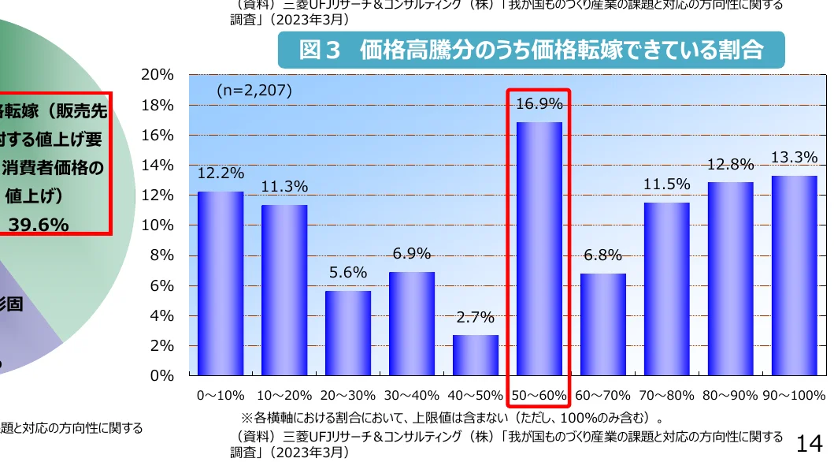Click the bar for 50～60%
click(x=539, y=248)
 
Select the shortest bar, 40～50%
click(x=476, y=356)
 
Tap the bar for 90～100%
click(x=794, y=275)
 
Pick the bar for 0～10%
click(x=221, y=283)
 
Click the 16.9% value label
click(x=539, y=104)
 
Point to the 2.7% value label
click(x=476, y=318)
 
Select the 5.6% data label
click(x=348, y=273)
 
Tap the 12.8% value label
click(x=730, y=165)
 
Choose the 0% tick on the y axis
click(x=161, y=376)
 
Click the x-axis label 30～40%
click(x=412, y=395)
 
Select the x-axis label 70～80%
click(x=666, y=395)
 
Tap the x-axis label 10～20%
click(x=284, y=395)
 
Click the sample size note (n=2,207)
click(x=254, y=91)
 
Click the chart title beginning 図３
click(x=531, y=50)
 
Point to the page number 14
click(x=810, y=443)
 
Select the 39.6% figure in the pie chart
click(x=39, y=225)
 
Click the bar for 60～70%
click(x=603, y=324)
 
